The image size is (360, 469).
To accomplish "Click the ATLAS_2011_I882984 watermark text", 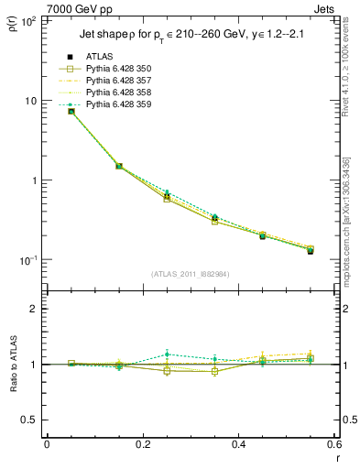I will pyautogui.click(x=190, y=273).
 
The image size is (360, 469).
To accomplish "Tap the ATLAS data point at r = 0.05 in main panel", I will pyautogui.click(x=71, y=111).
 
